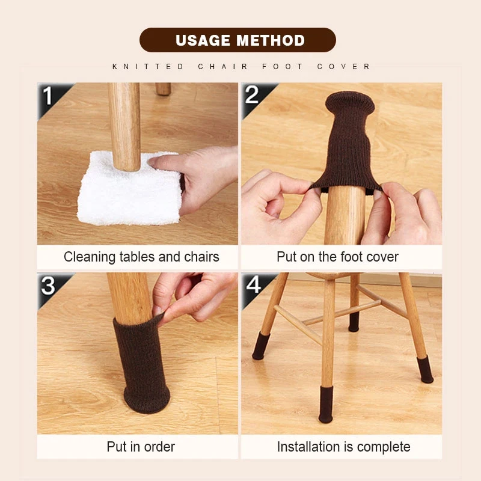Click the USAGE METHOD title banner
pos(240,40)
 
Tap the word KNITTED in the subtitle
pos(149,67)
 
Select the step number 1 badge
pos(47,96)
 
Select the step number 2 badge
pos(252,95)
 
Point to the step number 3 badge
pos(49,285)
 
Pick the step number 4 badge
pos(253,285)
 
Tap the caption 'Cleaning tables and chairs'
pos(141,257)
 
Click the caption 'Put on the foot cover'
pos(337,257)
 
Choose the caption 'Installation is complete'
pos(343,447)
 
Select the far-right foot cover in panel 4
pos(424,369)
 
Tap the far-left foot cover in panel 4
pos(261,346)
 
